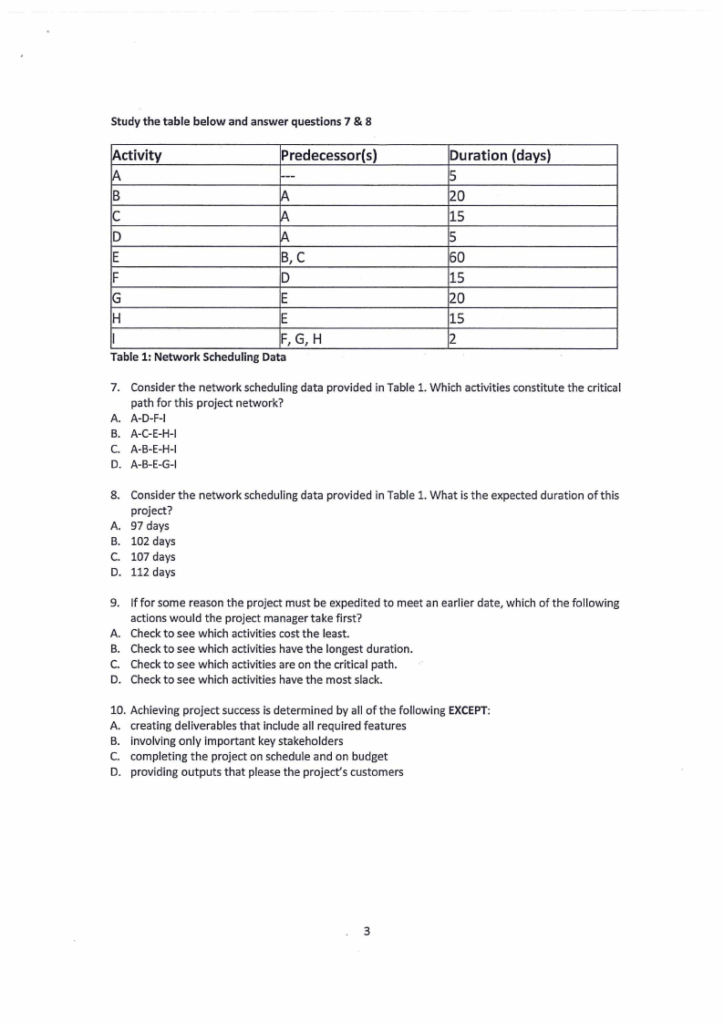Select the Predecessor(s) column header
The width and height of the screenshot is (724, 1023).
329,155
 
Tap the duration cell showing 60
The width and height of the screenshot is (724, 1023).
459,257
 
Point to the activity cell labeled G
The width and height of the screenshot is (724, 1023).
117,298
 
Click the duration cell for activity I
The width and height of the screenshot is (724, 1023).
453,339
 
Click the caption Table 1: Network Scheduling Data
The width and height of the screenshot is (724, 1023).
198,357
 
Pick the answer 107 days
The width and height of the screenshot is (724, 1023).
153,557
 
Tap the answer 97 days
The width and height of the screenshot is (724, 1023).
150,526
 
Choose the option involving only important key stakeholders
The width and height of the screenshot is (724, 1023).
236,741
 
